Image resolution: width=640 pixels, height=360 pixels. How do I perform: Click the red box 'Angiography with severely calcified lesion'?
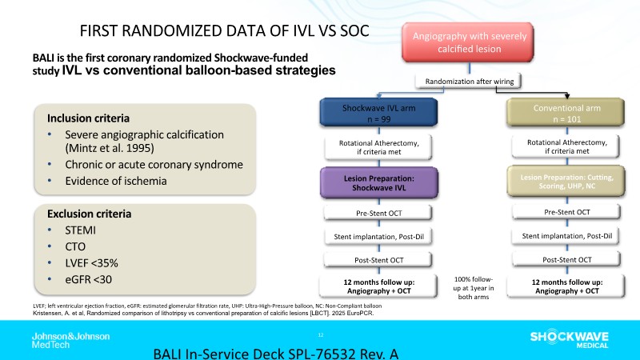468,42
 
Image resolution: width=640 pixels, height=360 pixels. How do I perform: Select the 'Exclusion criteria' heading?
90,214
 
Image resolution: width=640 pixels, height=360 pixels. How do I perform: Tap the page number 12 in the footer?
320,334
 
